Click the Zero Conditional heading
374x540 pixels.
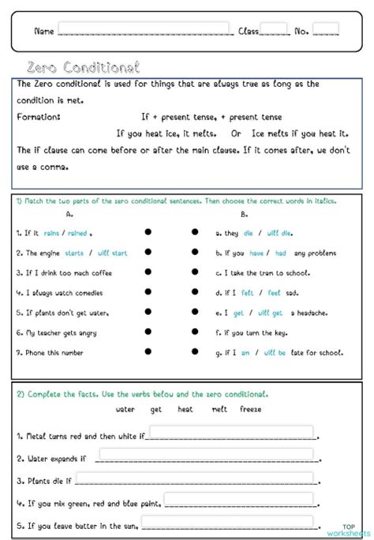coord(83,68)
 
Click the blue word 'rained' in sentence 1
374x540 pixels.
coord(77,233)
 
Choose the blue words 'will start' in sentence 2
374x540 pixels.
coord(112,253)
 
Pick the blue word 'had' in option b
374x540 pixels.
coord(280,253)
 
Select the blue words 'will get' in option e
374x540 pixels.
coord(270,313)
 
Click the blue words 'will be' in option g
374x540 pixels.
coord(275,353)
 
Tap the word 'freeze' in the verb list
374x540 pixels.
coord(251,409)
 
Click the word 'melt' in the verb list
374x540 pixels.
coord(219,409)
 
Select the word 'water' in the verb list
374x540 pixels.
coord(125,409)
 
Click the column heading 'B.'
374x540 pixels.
coord(244,214)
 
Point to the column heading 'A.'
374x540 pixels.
coord(70,214)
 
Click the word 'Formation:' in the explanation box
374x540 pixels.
coord(39,117)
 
